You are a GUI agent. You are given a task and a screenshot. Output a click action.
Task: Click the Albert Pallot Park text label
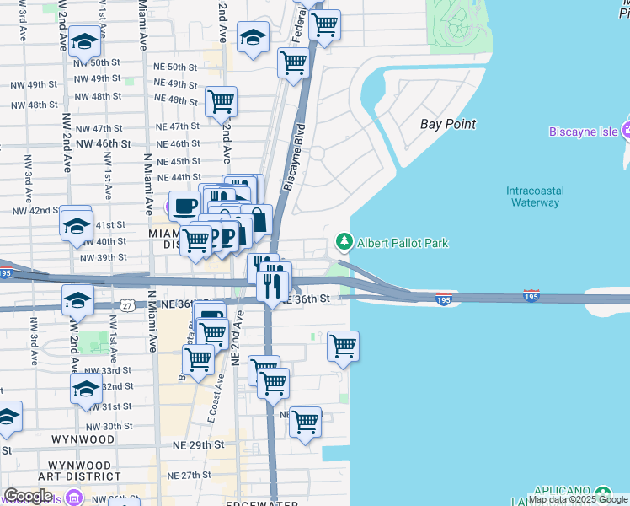(x=403, y=244)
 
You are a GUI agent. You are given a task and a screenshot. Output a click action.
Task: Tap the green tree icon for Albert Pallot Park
(x=344, y=243)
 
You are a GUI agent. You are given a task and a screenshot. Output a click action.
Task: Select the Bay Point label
(x=448, y=124)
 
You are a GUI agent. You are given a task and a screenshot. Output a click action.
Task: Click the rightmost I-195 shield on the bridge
(x=531, y=296)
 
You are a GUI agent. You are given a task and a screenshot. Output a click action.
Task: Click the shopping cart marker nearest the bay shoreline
(x=343, y=346)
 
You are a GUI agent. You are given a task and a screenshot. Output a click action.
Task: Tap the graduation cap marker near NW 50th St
(x=84, y=41)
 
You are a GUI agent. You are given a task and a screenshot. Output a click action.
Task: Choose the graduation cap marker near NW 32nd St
(x=86, y=390)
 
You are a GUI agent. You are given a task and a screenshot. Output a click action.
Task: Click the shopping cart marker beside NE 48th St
(x=221, y=102)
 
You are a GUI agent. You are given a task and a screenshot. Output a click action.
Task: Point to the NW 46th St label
(x=104, y=144)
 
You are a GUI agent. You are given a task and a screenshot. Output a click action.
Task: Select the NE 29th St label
(x=199, y=444)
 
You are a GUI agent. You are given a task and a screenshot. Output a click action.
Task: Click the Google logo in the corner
(x=28, y=496)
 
